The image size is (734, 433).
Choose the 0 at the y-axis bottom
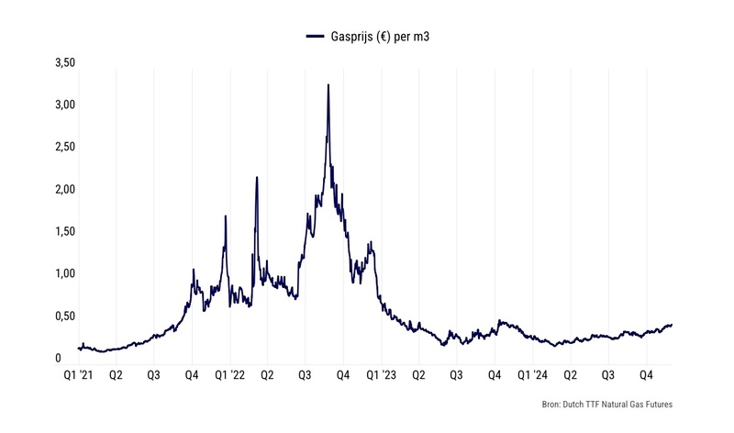click(58, 358)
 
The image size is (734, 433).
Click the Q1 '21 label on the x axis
click(79, 375)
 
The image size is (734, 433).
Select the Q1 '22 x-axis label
click(229, 375)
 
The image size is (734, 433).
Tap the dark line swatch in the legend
click(315, 37)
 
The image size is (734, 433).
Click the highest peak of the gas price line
click(328, 85)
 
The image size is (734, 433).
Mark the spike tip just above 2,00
click(257, 178)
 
